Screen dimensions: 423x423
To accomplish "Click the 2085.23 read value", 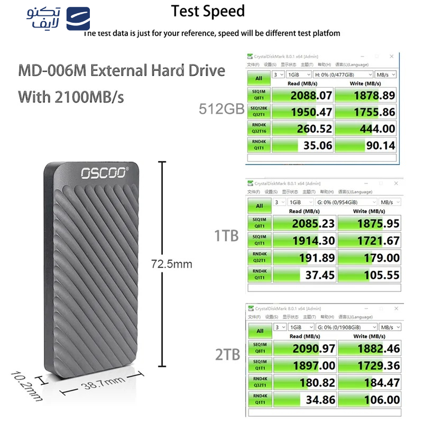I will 313,223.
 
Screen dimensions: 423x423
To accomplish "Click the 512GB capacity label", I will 221,109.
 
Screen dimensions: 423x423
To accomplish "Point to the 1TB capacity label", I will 226,236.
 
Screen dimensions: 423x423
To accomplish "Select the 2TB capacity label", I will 228,354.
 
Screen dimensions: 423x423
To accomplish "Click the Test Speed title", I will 208,11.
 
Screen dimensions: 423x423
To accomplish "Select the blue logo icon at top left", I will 78,19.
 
